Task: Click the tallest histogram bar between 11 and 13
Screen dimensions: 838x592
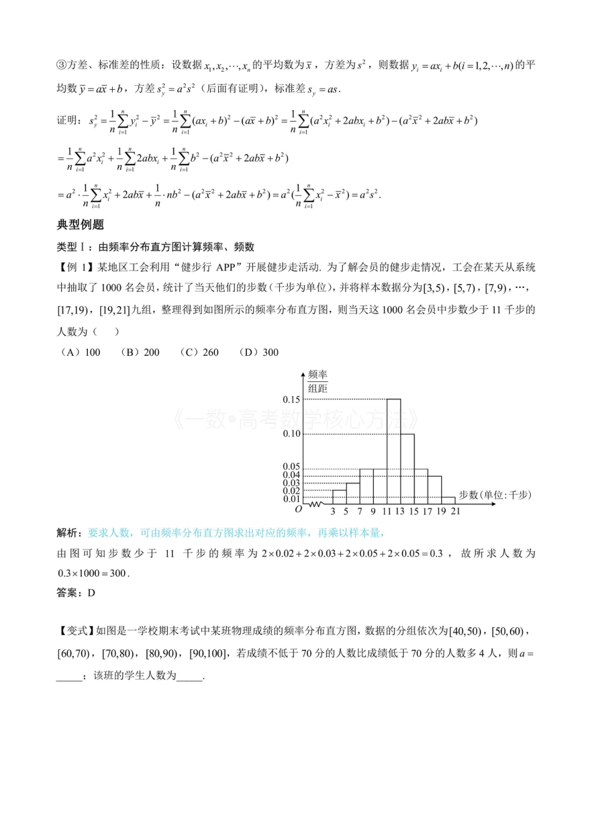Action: click(x=393, y=451)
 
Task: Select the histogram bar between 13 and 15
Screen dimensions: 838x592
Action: click(x=407, y=469)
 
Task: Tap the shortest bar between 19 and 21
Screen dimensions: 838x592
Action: click(x=448, y=500)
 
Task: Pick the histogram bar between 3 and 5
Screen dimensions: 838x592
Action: click(x=339, y=497)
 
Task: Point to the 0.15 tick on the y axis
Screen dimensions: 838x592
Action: click(x=292, y=399)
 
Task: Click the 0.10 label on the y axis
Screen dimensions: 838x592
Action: click(x=292, y=434)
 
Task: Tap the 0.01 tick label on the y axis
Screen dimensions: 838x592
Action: click(x=292, y=499)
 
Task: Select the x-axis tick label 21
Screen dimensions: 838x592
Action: click(x=456, y=512)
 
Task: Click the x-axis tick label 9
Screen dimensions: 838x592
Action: click(x=373, y=512)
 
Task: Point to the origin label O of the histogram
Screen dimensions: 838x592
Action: click(x=298, y=510)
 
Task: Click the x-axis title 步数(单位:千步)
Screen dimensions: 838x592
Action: click(x=495, y=495)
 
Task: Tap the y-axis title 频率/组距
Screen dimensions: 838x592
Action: click(x=317, y=381)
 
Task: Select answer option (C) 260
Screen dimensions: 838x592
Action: click(x=199, y=352)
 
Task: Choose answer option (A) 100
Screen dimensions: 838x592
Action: click(x=80, y=352)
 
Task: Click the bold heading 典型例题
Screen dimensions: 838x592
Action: click(x=80, y=224)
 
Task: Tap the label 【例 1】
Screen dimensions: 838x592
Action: click(x=76, y=267)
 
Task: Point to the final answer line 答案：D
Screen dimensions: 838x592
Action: click(x=76, y=593)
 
